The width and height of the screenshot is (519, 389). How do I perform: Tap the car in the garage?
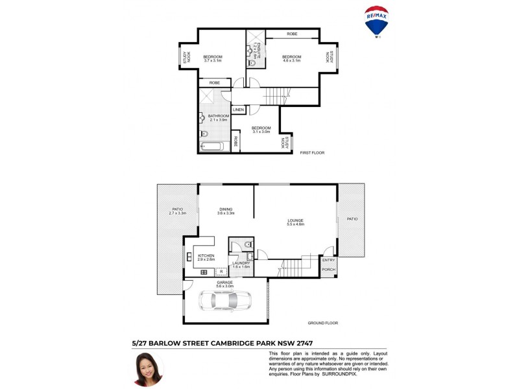click(225, 301)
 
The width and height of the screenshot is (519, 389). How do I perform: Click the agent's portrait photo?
click(149, 368)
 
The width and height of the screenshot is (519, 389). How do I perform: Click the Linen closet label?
click(239, 110)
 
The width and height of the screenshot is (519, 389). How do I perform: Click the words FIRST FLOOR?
click(312, 152)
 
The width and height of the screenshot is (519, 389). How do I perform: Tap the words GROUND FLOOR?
click(322, 323)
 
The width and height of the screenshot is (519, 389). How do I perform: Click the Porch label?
click(329, 270)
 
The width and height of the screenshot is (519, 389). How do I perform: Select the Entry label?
click(329, 260)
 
